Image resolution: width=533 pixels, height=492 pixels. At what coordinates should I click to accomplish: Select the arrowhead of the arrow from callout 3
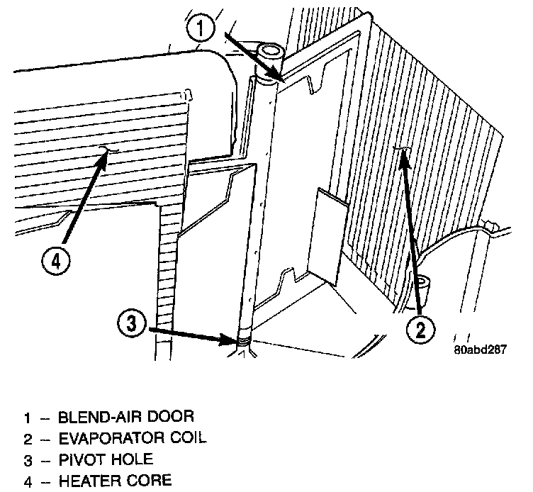click(x=242, y=340)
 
